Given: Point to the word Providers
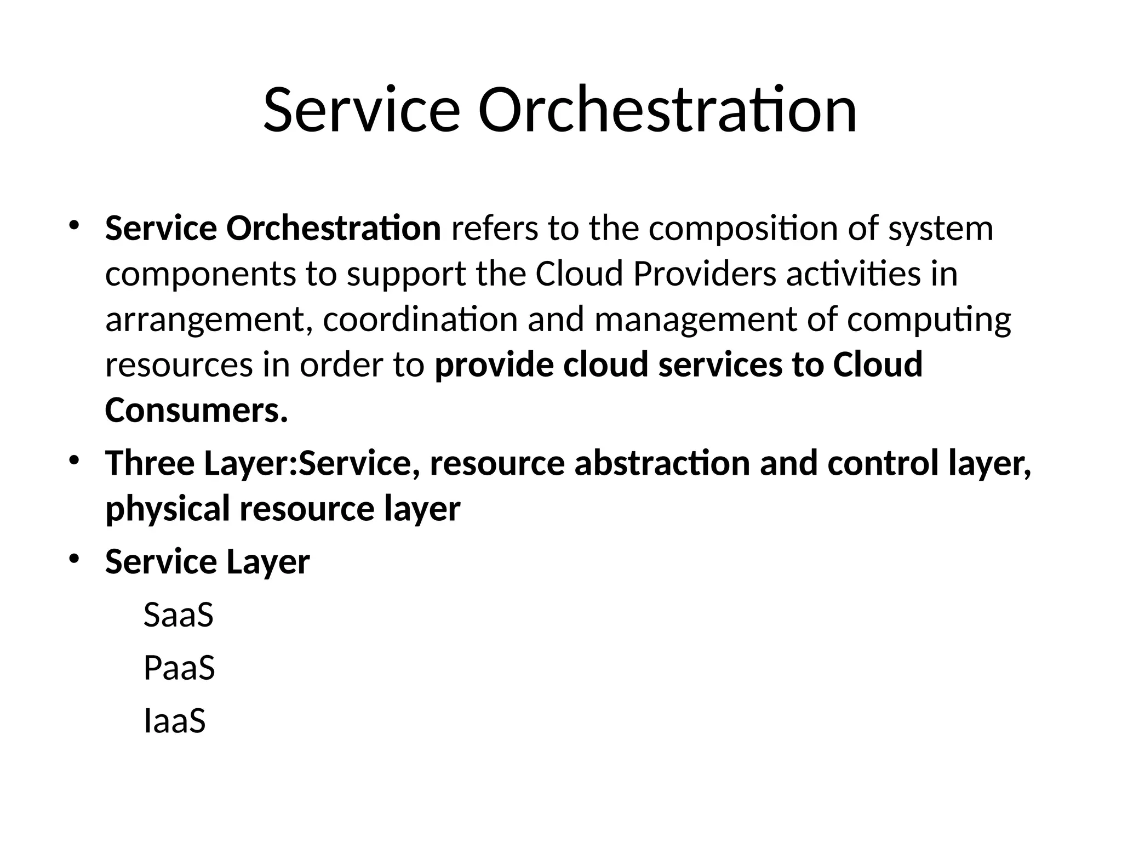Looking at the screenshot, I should pos(705,274).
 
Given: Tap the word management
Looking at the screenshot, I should pos(695,321).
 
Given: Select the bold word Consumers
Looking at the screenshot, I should pos(196,411).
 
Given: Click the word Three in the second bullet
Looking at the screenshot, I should pos(150,463).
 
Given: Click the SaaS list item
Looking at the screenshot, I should pos(178,615).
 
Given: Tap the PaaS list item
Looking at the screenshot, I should pos(179,668).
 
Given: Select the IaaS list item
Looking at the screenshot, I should pos(174,721).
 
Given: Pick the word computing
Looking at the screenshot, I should pos(929,321).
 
